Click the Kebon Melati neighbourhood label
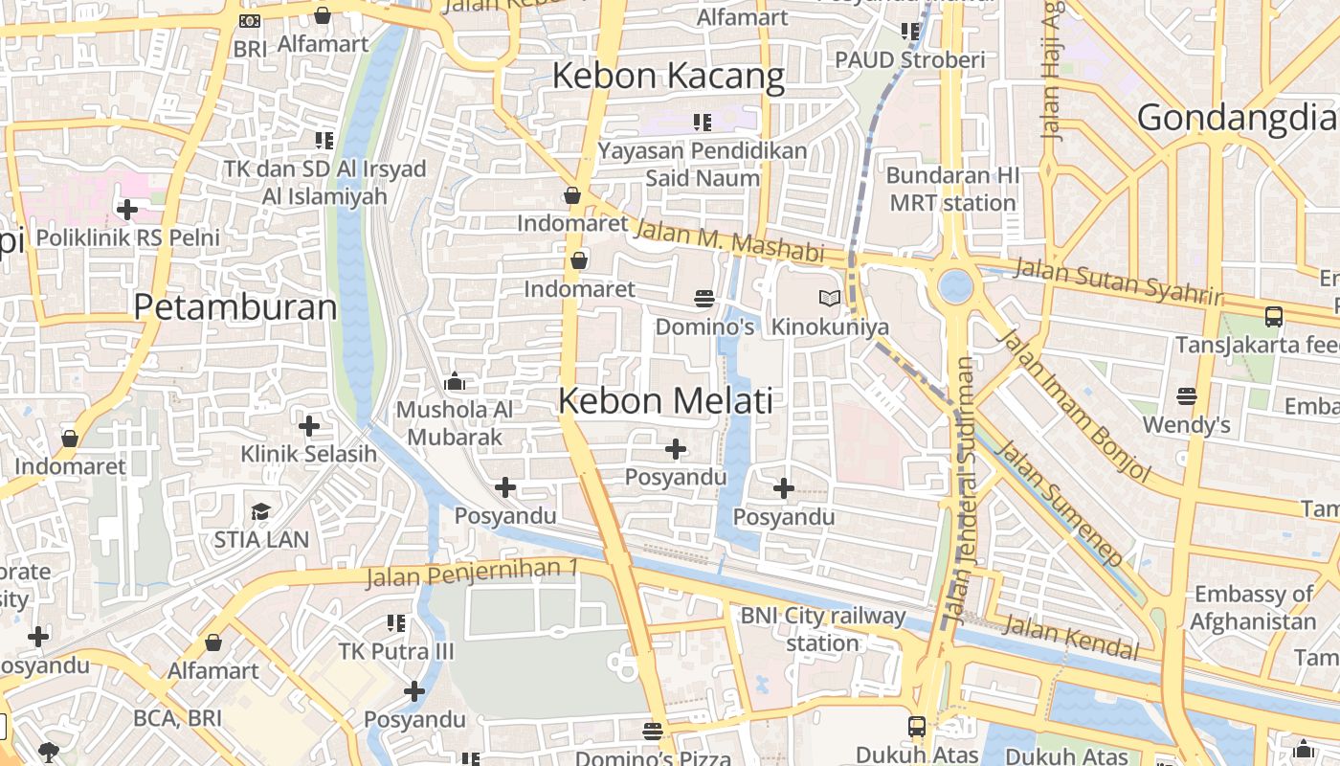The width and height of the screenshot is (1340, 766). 665,400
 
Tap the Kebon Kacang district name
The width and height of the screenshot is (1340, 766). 668,76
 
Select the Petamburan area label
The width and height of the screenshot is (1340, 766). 235,307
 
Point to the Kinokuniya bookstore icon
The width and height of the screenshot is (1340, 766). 830,299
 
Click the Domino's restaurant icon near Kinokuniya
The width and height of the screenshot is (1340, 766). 704,299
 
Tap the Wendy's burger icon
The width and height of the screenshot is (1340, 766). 1187,395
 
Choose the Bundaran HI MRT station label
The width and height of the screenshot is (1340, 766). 952,190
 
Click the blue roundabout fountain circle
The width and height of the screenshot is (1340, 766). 955,285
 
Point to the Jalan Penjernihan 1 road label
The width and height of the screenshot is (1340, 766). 472,573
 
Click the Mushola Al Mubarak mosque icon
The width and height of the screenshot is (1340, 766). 455,382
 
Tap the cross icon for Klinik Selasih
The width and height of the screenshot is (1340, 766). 309,425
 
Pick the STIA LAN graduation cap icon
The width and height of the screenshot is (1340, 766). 261,511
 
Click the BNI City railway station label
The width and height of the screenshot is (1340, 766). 823,629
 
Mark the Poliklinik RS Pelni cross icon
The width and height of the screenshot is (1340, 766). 127,209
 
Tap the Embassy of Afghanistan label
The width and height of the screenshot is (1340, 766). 1254,607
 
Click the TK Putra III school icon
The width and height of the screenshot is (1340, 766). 396,623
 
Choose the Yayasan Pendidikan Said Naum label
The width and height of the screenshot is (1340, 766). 703,164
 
